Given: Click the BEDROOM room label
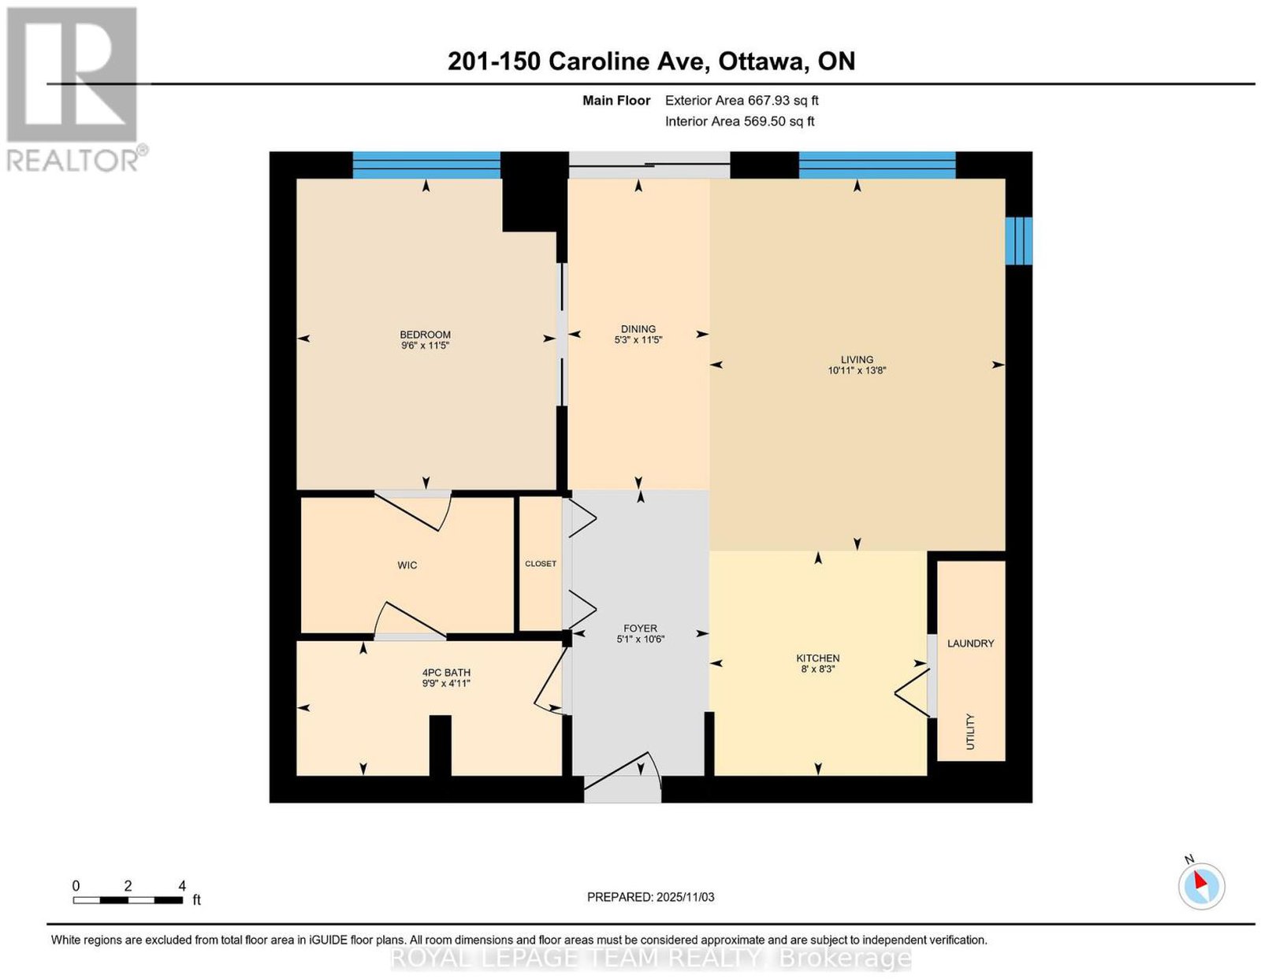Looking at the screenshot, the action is (x=425, y=335).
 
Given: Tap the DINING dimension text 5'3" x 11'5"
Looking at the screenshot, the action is (x=638, y=339).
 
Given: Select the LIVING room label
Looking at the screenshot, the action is (x=857, y=359).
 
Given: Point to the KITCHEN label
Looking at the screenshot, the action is (x=817, y=658).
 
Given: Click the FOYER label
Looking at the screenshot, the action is (x=640, y=629).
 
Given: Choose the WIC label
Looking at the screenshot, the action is (x=407, y=566).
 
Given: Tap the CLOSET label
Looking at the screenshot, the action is (x=541, y=563).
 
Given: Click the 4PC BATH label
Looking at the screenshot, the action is (x=445, y=673).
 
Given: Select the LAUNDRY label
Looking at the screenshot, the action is (x=970, y=643).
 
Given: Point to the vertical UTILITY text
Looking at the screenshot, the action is (x=969, y=732).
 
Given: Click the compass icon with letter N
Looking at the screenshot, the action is (x=1200, y=886).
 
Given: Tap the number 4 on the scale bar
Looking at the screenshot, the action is (x=182, y=886).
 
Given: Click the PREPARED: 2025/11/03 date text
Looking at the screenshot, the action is (x=650, y=897).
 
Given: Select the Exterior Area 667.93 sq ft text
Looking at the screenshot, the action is (x=741, y=100).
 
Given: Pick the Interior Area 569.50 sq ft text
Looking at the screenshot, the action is (x=739, y=121).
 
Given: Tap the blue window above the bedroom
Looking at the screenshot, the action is (x=426, y=165).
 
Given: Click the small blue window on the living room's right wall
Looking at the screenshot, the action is (x=1018, y=240).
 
